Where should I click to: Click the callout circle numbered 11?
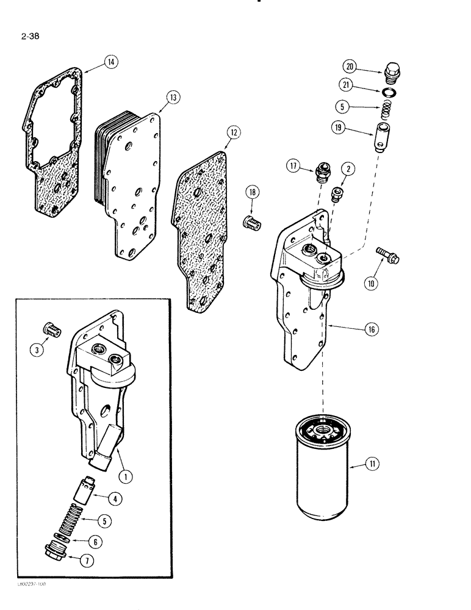pos(373,465)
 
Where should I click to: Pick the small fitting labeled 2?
pos(335,195)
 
